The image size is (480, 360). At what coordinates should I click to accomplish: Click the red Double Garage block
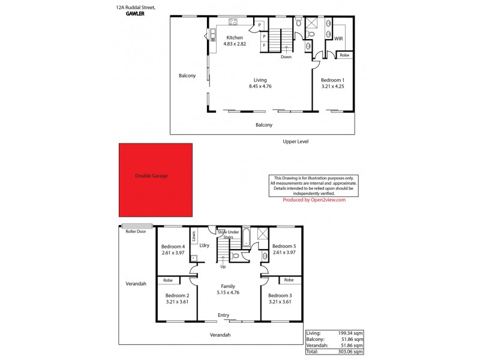[x=156, y=180]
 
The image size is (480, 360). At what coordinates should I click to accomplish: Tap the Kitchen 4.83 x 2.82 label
[x=235, y=40]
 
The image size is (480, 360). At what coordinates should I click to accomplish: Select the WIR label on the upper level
[x=338, y=38]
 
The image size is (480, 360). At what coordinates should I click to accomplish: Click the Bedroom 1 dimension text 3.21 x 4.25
[x=332, y=86]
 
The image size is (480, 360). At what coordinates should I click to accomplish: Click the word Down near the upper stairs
[x=287, y=57]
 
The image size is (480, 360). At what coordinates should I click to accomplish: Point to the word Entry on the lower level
[x=223, y=316]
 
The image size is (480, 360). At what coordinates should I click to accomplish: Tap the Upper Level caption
[x=298, y=142]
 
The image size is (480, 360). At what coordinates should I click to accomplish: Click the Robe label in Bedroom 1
[x=344, y=55]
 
